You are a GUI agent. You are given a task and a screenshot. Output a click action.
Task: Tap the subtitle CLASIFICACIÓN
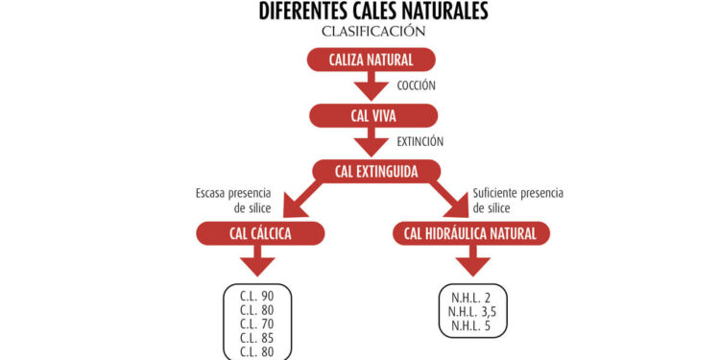click(373, 32)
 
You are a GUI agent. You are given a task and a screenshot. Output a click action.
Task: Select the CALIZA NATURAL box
click(372, 60)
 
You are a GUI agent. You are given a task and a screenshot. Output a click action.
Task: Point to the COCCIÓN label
click(416, 86)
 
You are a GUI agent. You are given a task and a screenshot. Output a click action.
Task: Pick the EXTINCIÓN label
click(420, 142)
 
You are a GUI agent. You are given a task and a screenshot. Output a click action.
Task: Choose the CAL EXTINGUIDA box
click(375, 173)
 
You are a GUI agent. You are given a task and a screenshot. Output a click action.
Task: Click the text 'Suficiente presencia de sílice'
click(516, 200)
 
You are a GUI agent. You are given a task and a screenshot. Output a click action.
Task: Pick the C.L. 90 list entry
click(256, 295)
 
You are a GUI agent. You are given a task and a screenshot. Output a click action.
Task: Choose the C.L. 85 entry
click(256, 338)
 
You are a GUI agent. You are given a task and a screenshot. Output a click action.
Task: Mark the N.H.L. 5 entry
click(470, 325)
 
